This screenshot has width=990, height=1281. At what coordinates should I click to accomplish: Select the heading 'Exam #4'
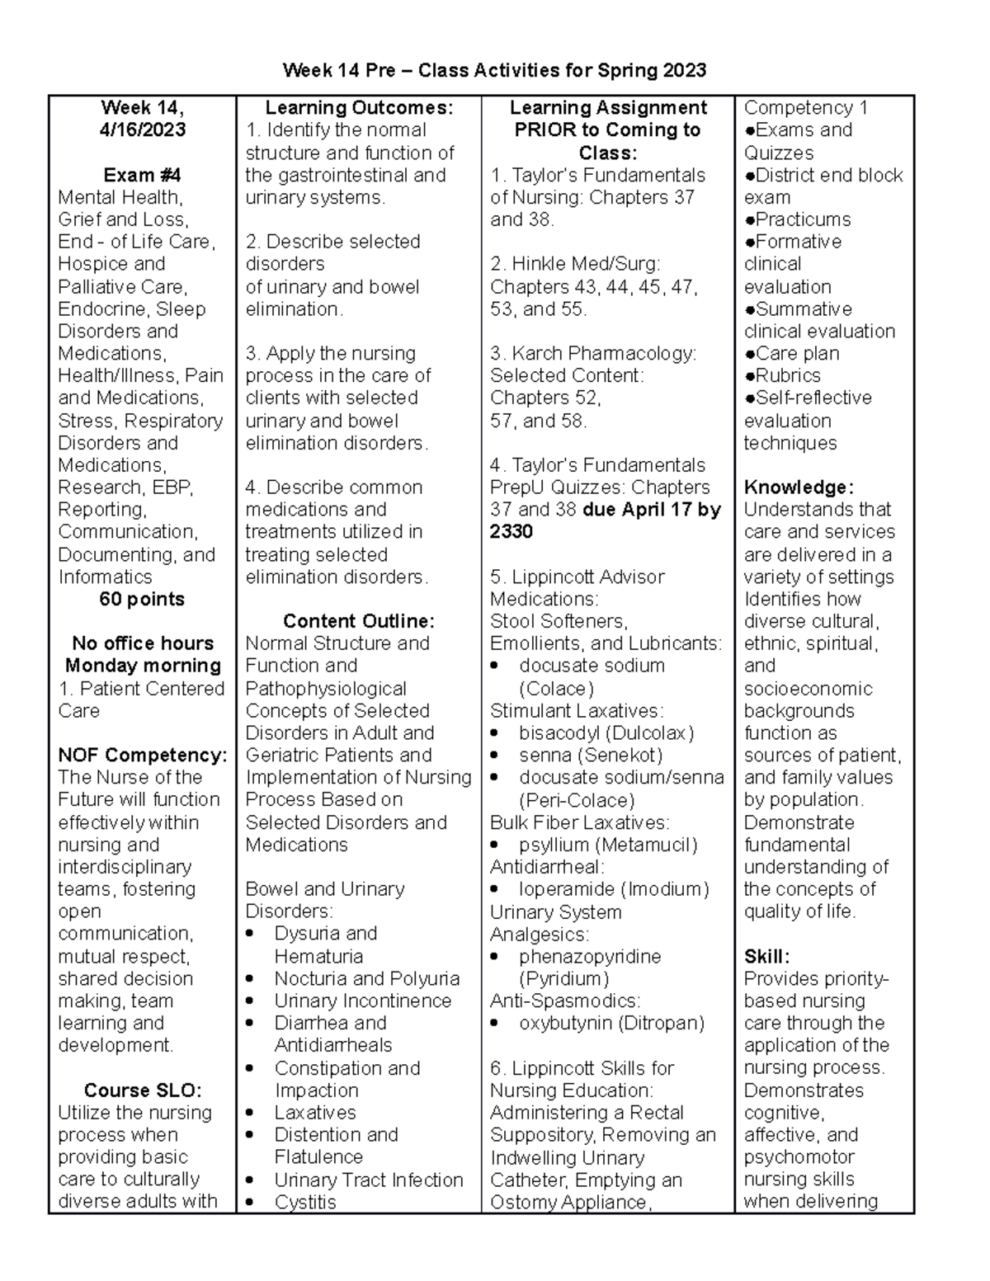(x=142, y=175)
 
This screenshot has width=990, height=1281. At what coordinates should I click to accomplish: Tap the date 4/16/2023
(x=142, y=130)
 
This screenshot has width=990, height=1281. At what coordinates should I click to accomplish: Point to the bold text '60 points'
(x=142, y=600)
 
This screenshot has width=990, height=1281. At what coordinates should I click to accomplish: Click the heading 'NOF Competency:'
(x=142, y=756)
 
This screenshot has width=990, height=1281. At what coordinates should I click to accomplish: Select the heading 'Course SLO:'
(x=142, y=1090)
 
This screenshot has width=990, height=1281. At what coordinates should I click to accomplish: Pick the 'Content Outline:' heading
(x=358, y=621)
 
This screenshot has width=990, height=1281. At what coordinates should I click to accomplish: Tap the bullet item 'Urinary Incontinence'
(x=363, y=1001)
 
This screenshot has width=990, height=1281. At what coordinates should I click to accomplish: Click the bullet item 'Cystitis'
(x=305, y=1203)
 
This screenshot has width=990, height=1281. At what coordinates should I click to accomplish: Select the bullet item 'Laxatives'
(x=315, y=1113)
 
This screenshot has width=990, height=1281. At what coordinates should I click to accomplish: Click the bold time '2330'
(x=511, y=532)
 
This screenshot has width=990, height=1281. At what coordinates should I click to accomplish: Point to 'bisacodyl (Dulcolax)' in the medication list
(x=606, y=733)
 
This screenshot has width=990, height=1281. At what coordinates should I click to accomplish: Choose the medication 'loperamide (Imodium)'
(x=614, y=889)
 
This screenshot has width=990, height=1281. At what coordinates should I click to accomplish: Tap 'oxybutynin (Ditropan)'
(x=611, y=1024)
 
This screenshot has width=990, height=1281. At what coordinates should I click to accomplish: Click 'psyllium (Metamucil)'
(x=608, y=845)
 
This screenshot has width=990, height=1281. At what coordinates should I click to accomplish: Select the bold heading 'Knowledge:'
(x=798, y=487)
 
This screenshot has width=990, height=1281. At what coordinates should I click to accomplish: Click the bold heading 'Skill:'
(x=766, y=957)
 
